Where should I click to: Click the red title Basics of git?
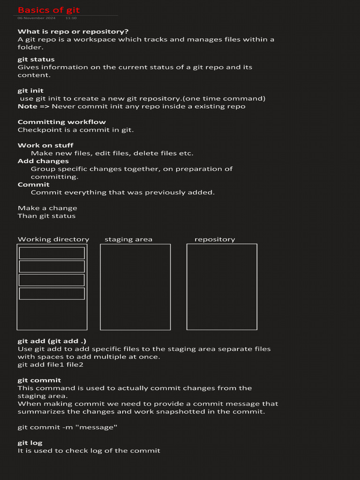click(49, 10)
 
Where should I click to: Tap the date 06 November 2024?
click(36, 18)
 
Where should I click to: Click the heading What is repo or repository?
click(73, 31)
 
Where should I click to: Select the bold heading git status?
click(36, 60)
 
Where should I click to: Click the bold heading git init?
click(30, 91)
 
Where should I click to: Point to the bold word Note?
click(27, 106)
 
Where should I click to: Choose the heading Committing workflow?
click(62, 122)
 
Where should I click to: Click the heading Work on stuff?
click(45, 145)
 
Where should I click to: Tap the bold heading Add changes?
click(43, 161)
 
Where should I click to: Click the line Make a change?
click(47, 208)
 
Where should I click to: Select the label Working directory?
click(53, 240)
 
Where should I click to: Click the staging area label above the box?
click(128, 240)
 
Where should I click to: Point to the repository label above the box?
click(215, 240)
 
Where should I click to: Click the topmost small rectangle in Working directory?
click(52, 253)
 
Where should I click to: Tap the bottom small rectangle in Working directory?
click(52, 293)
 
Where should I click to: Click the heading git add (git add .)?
click(52, 341)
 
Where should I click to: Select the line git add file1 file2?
click(51, 365)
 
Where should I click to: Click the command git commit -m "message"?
click(67, 427)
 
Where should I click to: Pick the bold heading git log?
click(30, 443)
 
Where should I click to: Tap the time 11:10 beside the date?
click(71, 18)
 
